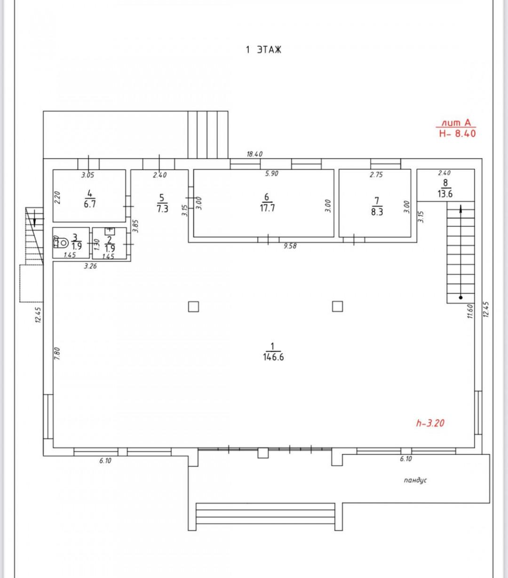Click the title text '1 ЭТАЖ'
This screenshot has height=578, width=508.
tap(263, 50)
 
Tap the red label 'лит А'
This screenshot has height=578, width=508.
tap(456, 123)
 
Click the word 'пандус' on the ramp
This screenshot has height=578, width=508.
tap(415, 480)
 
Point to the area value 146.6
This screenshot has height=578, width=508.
tap(273, 357)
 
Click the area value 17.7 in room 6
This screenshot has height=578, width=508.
tap(267, 208)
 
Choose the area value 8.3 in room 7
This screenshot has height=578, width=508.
tap(377, 212)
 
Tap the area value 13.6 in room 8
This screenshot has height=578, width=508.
tap(445, 194)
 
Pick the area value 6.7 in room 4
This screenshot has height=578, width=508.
tap(90, 204)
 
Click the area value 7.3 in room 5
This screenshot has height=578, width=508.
tap(162, 208)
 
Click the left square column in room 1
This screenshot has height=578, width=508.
tap(193, 307)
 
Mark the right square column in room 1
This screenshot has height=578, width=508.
tap(337, 307)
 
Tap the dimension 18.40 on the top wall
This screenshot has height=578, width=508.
tap(254, 154)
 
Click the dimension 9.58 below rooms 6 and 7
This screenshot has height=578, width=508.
tap(290, 246)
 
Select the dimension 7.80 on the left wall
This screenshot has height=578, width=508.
tap(57, 353)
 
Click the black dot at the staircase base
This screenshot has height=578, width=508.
tap(460, 298)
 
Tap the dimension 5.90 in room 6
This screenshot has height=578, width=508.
tap(271, 174)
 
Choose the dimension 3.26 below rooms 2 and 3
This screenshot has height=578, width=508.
tap(90, 266)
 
